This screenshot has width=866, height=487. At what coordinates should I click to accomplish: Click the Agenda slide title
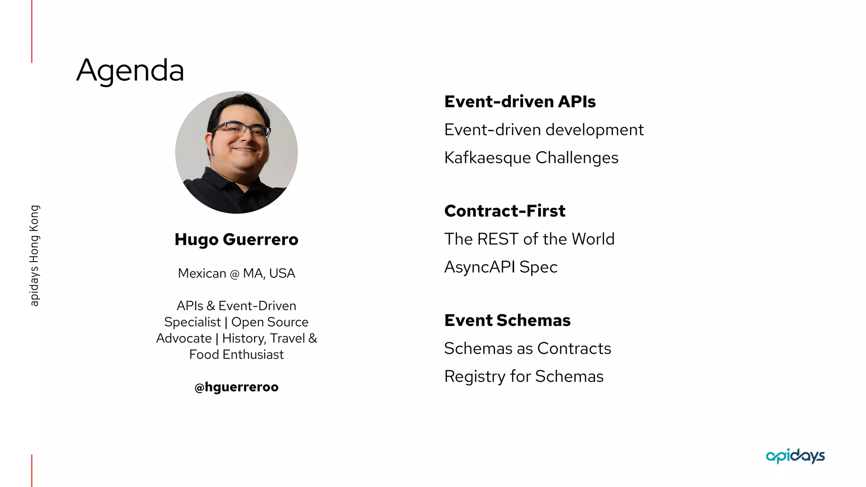(x=130, y=70)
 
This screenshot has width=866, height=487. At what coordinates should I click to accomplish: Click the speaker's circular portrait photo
(x=236, y=153)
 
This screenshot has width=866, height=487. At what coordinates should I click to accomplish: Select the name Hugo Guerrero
(x=236, y=240)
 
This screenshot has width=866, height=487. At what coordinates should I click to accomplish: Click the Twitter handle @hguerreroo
(x=236, y=387)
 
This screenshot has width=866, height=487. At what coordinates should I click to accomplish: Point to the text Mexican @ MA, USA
(x=236, y=274)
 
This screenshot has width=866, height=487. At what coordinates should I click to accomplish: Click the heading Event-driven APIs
(x=520, y=102)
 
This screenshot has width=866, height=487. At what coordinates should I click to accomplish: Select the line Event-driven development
(x=544, y=130)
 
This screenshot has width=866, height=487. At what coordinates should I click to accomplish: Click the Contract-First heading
(x=504, y=211)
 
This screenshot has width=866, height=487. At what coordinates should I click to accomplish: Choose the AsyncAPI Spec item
(x=501, y=267)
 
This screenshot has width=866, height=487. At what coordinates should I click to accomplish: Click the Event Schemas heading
(x=507, y=320)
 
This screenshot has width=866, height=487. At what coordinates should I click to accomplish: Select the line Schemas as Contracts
(x=527, y=349)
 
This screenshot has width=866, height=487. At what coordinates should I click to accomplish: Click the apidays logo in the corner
(x=795, y=456)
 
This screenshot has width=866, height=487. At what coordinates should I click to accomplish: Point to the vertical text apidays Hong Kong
(x=34, y=256)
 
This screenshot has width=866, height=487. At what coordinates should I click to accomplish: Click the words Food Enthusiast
(x=236, y=355)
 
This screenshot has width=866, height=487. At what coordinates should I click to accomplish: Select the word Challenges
(x=577, y=158)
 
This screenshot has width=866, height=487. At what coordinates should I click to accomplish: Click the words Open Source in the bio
(x=270, y=322)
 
